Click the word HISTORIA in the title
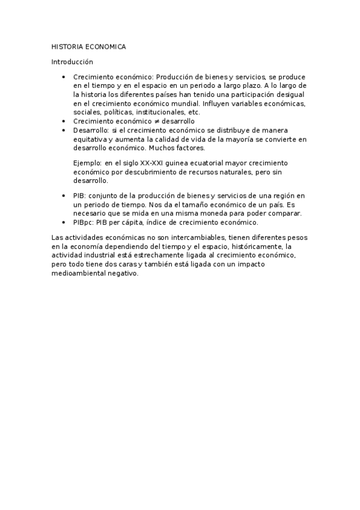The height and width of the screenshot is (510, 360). [68, 46]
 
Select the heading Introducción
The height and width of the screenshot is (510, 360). [72, 61]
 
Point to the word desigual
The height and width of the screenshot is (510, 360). [291, 95]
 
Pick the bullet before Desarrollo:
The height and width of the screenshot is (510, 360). [64, 130]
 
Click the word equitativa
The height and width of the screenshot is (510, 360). [89, 139]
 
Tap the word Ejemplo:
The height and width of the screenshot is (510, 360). [87, 163]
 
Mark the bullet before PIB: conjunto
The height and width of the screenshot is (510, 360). [64, 196]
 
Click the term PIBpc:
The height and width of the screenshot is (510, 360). [85, 222]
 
